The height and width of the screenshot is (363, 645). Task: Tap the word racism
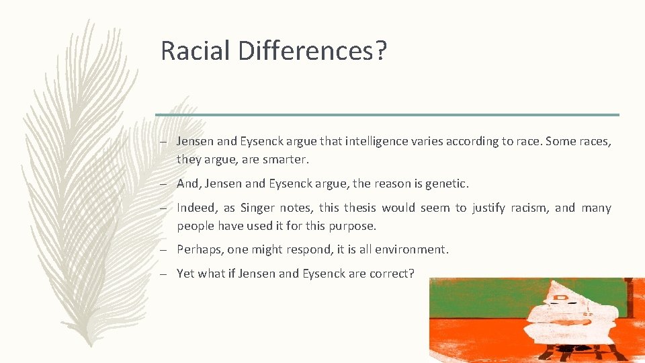pyautogui.click(x=528, y=208)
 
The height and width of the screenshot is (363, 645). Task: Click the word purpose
pyautogui.click(x=353, y=226)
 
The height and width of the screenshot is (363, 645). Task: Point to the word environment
pyautogui.click(x=412, y=249)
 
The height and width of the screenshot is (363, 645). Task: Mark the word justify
pyautogui.click(x=489, y=208)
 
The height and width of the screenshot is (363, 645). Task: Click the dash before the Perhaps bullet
pyautogui.click(x=163, y=249)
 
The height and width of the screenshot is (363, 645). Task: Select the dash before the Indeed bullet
pyautogui.click(x=163, y=208)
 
